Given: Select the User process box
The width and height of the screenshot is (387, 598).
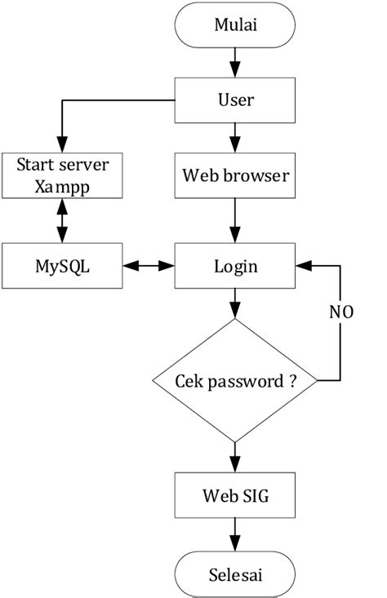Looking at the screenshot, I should (x=235, y=101).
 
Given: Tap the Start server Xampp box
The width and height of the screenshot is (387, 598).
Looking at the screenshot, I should (x=62, y=175).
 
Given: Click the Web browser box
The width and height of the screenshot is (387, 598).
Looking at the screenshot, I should (x=235, y=175).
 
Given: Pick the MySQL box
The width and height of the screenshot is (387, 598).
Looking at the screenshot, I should (x=62, y=266).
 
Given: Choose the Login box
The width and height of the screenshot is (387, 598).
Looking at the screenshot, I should (x=235, y=266).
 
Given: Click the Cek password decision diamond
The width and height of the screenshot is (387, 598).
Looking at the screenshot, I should (x=235, y=380).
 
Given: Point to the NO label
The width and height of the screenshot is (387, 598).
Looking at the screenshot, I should (x=340, y=312).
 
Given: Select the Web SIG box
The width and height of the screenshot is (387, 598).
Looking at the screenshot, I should (x=235, y=494).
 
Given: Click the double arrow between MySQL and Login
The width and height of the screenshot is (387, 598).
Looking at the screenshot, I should (x=148, y=266).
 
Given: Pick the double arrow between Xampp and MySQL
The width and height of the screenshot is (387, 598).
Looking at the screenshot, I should (x=62, y=220).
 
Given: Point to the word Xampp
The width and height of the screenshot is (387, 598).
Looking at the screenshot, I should (x=62, y=185).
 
